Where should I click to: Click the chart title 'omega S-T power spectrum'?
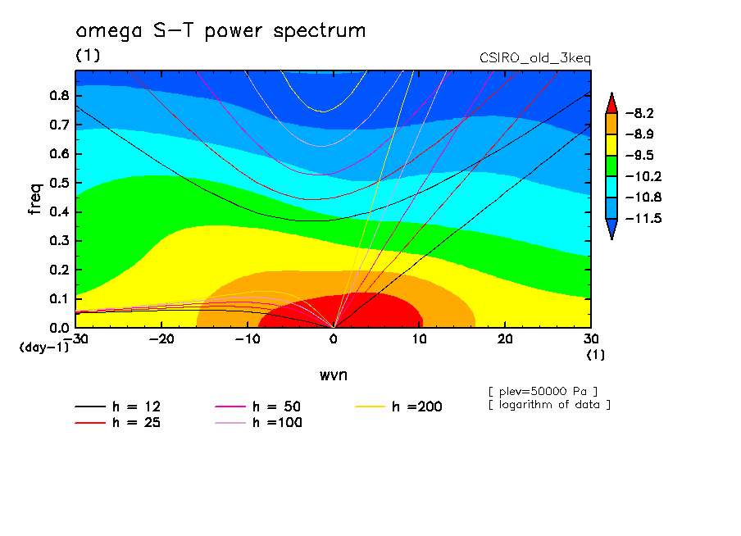[220, 32]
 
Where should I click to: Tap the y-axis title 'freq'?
[34, 198]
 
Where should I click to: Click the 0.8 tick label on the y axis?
[59, 95]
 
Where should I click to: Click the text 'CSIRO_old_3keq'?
[534, 59]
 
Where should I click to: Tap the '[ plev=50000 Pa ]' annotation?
[542, 390]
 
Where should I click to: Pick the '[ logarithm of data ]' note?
[548, 404]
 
